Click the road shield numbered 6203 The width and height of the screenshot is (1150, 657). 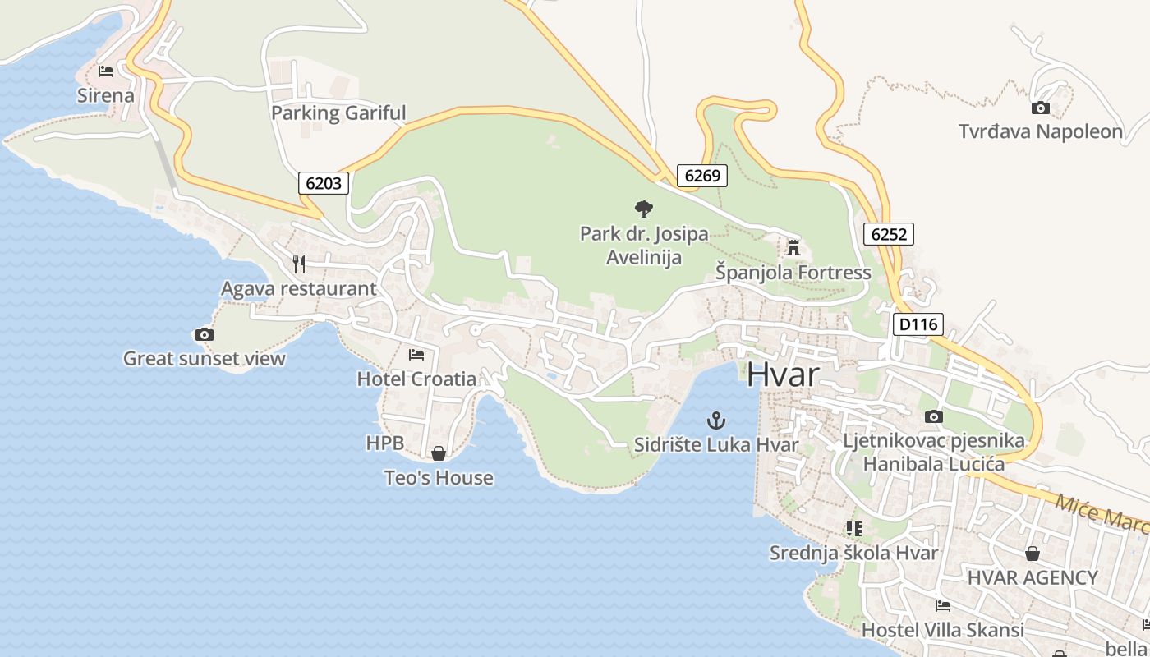pos(324,183)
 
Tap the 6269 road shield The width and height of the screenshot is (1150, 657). pos(702,175)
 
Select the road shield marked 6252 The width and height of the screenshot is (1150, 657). pos(889,234)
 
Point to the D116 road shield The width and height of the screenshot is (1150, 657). pos(918,324)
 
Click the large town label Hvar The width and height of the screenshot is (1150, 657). pos(783,374)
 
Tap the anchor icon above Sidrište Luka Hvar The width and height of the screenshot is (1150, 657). pos(716,421)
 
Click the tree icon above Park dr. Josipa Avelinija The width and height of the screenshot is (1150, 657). pos(644,209)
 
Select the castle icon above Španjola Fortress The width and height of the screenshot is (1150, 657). pos(793,247)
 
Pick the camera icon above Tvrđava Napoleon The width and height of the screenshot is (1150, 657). pos(1040,108)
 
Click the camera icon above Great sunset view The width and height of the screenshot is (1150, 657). pos(205,334)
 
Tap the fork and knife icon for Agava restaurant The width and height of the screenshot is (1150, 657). pos(299,264)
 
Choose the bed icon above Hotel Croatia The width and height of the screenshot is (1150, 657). pos(416,355)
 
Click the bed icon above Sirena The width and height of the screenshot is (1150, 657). pos(106,71)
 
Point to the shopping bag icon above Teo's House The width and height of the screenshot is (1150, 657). pos(439,453)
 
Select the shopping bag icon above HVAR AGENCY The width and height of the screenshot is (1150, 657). pos(1033,554)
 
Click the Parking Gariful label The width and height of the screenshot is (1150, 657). pos(338,113)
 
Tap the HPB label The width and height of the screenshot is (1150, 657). pos(384,443)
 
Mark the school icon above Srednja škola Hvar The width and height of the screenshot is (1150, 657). pos(853,529)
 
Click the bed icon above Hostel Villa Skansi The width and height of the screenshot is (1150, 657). pos(943,606)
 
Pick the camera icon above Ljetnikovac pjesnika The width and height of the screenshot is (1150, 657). pos(934,416)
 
